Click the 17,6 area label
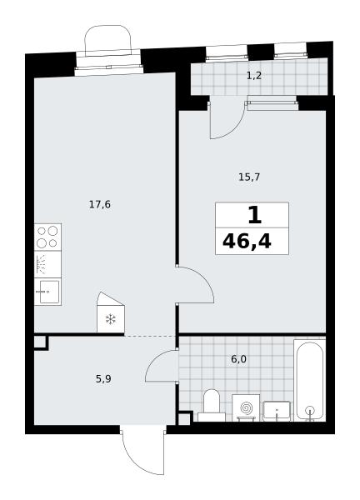[100, 204]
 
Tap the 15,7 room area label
[249, 177]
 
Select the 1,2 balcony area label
[254, 76]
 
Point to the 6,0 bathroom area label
[238, 359]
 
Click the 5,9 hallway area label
[103, 379]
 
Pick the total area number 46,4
[247, 242]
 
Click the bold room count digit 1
[254, 215]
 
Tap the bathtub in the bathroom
[309, 381]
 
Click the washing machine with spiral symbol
[246, 407]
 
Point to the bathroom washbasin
[277, 412]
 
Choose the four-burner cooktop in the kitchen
[47, 237]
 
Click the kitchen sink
[47, 292]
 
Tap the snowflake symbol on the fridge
[111, 319]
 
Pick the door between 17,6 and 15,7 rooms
[195, 285]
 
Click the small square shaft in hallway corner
[41, 342]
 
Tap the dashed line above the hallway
[150, 336]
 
